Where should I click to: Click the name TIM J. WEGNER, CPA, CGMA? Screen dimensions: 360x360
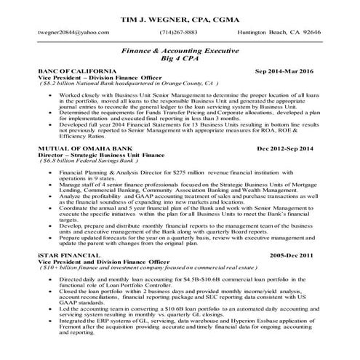click(x=180, y=15)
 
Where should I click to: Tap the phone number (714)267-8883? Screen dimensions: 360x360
click(x=180, y=33)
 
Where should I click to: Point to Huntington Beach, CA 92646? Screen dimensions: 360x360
click(x=279, y=33)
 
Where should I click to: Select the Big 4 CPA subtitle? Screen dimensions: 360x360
click(x=180, y=63)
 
